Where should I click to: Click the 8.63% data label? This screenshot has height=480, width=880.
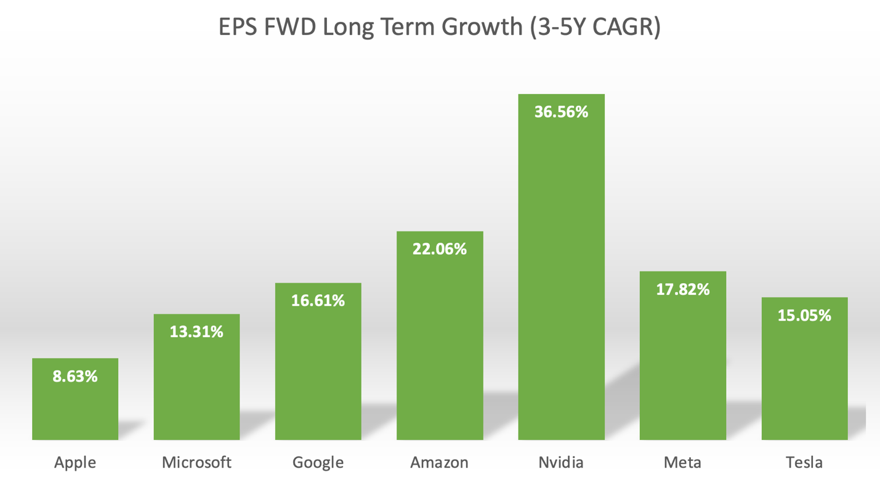[75, 376]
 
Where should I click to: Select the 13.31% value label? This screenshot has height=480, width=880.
[196, 332]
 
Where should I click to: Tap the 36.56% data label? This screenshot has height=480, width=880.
[561, 112]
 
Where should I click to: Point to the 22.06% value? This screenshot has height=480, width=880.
[440, 249]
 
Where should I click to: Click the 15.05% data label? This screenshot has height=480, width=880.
[804, 315]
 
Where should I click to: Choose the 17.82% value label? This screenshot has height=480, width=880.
[683, 289]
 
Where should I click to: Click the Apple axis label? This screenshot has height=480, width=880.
[75, 462]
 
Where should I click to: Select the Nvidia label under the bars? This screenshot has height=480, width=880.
[561, 462]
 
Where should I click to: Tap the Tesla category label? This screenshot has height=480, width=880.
[804, 462]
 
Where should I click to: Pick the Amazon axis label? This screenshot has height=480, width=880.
[440, 462]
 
